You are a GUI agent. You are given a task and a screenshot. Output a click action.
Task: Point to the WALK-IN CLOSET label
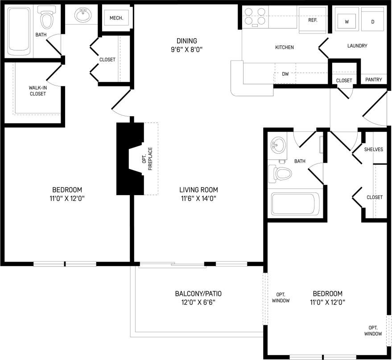point(37,90)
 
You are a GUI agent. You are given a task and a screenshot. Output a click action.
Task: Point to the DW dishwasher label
point(285,74)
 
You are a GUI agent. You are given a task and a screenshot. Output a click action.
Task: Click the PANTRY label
point(373,80)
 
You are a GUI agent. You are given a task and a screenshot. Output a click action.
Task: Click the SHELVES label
point(373,149)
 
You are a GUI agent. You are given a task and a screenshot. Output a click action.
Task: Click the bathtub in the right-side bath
point(293,204)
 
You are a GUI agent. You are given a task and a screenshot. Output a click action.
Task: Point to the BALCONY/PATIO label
point(198,298)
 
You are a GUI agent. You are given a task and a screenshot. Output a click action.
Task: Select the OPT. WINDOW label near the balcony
point(281,297)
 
